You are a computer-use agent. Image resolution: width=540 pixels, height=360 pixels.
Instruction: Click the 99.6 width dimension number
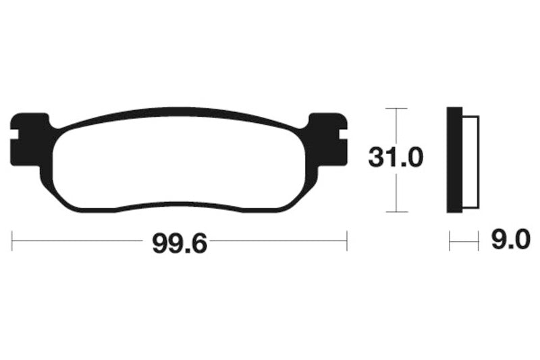tap(178, 242)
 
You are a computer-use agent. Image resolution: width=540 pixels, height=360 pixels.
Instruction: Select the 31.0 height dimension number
tap(396, 159)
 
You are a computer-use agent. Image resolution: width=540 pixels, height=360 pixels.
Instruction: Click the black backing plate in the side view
tap(455, 159)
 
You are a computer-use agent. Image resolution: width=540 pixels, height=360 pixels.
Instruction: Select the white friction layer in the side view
tap(470, 159)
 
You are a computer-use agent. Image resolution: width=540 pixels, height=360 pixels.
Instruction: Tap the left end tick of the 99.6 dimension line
tap(13, 240)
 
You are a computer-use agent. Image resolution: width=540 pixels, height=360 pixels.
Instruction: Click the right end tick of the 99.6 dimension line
tap(346, 240)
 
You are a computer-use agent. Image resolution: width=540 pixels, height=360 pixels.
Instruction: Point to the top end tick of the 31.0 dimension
tap(396, 108)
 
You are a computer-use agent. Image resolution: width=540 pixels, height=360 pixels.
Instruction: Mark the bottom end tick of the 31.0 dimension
tap(396, 211)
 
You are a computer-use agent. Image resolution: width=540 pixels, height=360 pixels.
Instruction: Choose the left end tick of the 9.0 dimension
tap(450, 240)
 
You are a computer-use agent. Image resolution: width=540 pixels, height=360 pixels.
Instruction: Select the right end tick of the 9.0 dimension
tap(478, 240)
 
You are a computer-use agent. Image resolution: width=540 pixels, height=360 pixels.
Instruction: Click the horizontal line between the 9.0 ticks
tap(464, 240)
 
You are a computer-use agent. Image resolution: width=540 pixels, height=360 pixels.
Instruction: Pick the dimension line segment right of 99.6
tap(277, 240)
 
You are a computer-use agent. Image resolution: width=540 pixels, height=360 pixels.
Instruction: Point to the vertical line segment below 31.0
tap(396, 192)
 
